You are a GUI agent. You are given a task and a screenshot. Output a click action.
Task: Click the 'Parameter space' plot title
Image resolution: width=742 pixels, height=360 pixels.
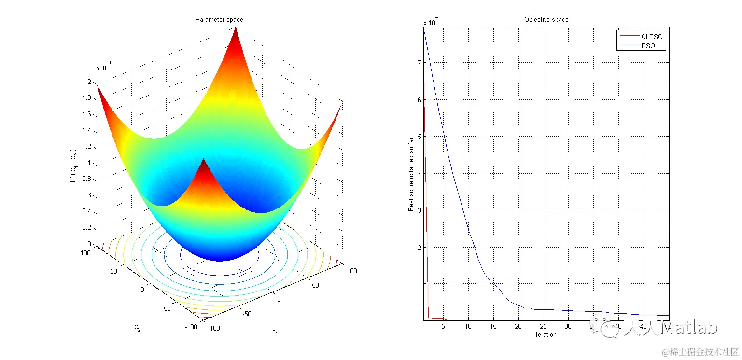pos(219,20)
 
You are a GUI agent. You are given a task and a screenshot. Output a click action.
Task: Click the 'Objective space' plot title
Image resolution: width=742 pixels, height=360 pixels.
pos(546,20)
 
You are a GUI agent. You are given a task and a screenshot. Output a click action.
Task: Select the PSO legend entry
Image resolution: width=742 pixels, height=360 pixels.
pos(647,46)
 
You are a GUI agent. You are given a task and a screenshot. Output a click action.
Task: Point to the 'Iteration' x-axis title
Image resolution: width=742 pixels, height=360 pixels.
pos(546,334)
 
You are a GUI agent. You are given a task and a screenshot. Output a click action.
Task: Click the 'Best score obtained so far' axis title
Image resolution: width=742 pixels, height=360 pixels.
pos(411,173)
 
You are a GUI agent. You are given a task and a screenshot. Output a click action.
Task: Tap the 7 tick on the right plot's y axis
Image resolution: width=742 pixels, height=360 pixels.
pos(419,62)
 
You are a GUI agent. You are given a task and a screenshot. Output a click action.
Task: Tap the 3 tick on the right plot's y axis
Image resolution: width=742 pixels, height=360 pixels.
pos(419,210)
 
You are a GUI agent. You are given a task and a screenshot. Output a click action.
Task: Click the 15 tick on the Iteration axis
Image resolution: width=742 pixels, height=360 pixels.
pos(493,327)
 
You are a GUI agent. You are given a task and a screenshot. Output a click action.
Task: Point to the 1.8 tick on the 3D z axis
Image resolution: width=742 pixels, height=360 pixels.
pos(88,98)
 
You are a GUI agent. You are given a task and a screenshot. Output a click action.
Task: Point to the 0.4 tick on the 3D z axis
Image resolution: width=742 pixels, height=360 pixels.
pos(88,212)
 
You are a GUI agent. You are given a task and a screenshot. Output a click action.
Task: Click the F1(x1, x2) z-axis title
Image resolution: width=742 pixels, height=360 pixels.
pos(72,164)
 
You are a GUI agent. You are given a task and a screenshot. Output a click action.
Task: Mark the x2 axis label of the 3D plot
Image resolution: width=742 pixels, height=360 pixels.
pos(138,328)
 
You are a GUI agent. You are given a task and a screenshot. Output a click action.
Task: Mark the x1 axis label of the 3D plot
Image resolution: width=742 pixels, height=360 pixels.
pos(275,332)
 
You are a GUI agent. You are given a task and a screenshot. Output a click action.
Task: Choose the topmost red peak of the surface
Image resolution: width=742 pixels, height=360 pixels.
pos(236,29)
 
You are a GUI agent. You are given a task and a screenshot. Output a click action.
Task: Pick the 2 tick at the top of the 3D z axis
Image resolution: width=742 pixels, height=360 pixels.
pos(89,82)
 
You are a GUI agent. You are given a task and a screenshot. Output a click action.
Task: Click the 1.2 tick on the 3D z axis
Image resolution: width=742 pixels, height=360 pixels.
pos(88,147)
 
